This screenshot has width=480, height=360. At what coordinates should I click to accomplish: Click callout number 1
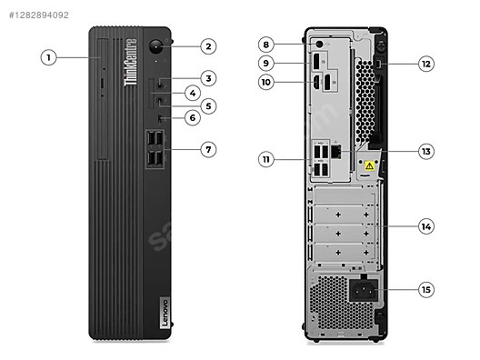(x=50, y=57)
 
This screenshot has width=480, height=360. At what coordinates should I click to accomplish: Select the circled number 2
(x=208, y=45)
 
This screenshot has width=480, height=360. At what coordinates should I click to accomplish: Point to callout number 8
(x=265, y=44)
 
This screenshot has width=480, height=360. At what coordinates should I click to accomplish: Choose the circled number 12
(x=426, y=64)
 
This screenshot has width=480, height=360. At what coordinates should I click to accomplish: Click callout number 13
(x=426, y=151)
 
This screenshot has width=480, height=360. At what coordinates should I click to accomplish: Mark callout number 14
(x=426, y=225)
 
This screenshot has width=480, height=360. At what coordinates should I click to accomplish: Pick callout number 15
(x=426, y=290)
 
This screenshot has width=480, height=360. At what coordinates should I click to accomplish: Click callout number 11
(x=265, y=159)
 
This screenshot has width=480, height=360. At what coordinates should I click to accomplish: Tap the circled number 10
(x=265, y=82)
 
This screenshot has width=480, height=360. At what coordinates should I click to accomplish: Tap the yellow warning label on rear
(x=370, y=166)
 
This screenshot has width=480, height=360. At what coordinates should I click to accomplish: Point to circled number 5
(x=208, y=105)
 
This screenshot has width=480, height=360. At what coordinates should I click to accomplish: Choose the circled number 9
(x=265, y=63)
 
